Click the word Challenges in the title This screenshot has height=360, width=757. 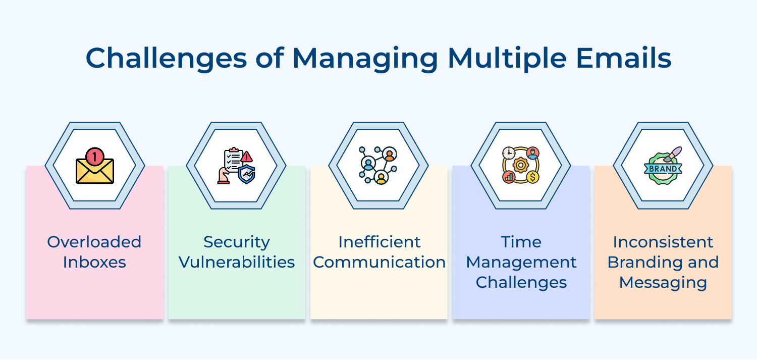[166, 58]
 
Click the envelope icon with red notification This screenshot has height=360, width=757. [95, 168]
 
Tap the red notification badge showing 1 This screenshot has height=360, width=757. [94, 157]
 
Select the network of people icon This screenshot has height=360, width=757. [379, 166]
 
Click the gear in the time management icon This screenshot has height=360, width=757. [521, 166]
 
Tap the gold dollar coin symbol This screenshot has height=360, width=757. [532, 177]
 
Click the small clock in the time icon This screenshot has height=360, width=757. [509, 153]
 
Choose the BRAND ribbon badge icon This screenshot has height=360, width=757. [663, 169]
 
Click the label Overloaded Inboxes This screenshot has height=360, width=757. [94, 252]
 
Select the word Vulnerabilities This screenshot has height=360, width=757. [237, 262]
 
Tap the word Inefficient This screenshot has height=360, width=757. [379, 242]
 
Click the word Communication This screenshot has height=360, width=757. [379, 262]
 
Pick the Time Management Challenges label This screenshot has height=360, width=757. [521, 262]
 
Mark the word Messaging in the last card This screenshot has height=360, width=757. [663, 283]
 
